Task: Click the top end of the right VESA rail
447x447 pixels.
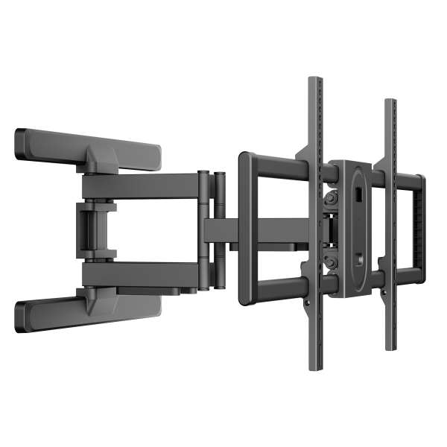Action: (x=388, y=102)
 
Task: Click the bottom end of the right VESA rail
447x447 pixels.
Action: (x=388, y=344)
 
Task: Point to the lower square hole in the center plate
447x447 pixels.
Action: (x=358, y=260)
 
